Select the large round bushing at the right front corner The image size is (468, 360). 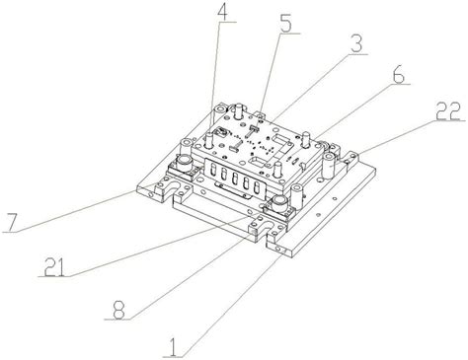tap(279, 203)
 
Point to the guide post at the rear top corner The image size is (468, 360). tap(239, 104)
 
